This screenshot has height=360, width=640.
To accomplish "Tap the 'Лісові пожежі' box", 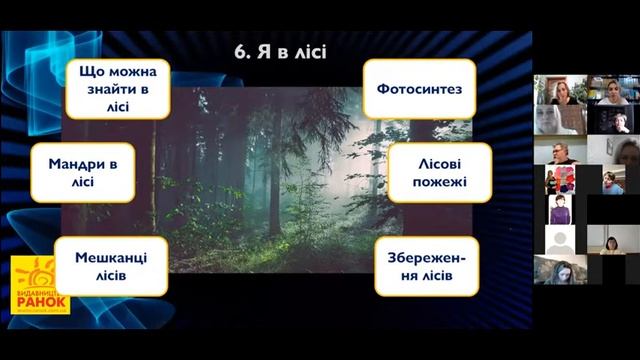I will tap(439, 172).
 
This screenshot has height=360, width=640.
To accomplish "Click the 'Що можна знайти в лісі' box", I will tap(117, 88).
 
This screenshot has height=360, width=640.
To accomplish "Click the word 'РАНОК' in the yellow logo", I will tap(41, 299).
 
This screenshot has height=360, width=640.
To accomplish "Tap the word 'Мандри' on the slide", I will tap(77, 163).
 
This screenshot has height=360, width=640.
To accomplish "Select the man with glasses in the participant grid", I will tap(560, 151).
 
